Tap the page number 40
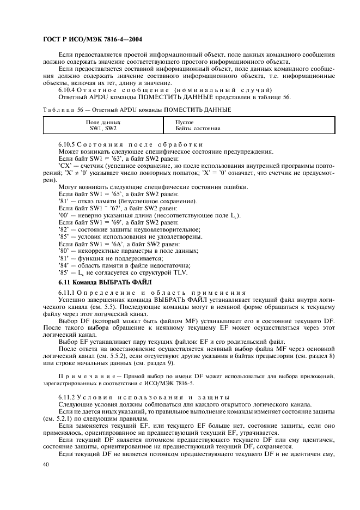pyautogui.click(x=46, y=464)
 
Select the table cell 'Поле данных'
pyautogui.click(x=103, y=123)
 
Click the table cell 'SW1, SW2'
pyautogui.click(x=103, y=129)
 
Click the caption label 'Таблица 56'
pyautogui.click(x=59, y=110)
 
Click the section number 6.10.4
pyautogui.click(x=68, y=89)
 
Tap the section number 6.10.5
pyautogui.click(x=68, y=144)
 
